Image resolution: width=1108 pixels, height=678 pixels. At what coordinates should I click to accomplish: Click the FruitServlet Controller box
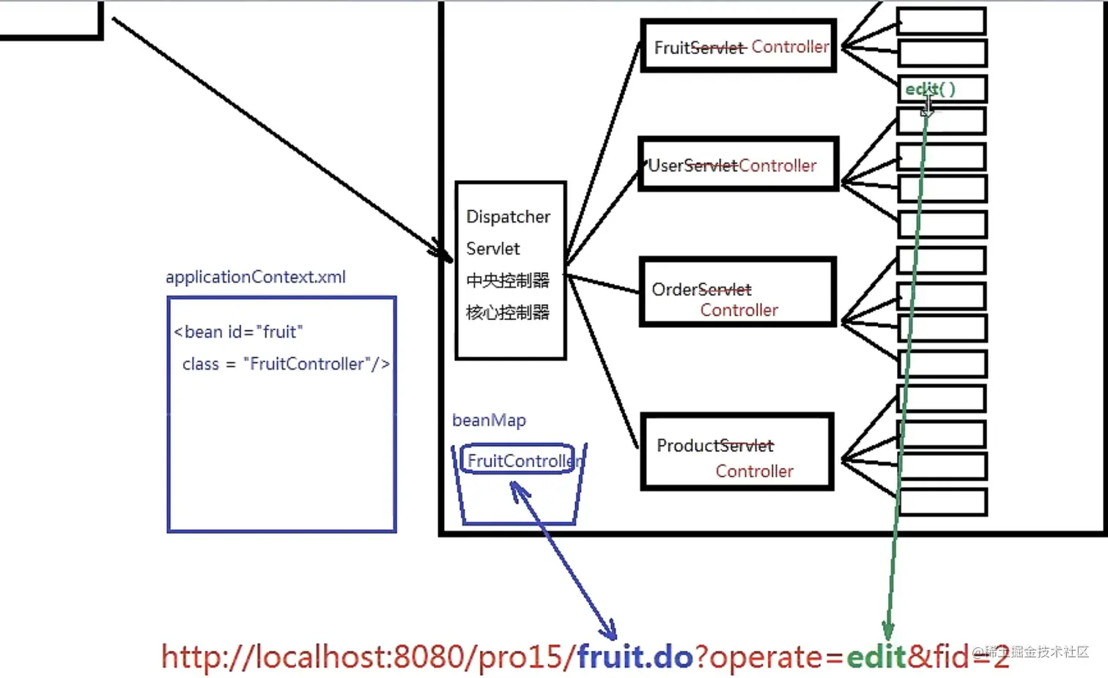[739, 47]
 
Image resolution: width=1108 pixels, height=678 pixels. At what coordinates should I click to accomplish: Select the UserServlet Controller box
[738, 165]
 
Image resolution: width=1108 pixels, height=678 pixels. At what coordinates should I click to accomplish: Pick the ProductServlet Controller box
[737, 452]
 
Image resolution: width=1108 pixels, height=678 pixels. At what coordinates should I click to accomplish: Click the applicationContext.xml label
[255, 277]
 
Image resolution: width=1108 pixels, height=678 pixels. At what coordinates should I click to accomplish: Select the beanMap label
[489, 420]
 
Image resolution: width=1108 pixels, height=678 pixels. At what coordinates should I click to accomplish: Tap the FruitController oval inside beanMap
[519, 460]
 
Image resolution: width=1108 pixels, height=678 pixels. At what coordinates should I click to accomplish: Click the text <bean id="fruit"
[238, 332]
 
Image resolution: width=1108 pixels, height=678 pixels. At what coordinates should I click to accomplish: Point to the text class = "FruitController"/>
[286, 364]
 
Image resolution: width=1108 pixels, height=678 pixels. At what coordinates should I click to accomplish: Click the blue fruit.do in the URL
[635, 657]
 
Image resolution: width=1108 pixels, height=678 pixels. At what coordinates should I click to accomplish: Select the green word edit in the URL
[876, 657]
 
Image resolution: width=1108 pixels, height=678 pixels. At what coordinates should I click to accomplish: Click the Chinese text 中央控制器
[507, 280]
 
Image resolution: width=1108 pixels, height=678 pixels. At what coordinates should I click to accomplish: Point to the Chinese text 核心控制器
[507, 313]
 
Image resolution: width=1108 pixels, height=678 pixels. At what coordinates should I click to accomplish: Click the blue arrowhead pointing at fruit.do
[608, 630]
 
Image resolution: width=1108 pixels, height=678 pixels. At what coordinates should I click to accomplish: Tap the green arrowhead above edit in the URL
[887, 631]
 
